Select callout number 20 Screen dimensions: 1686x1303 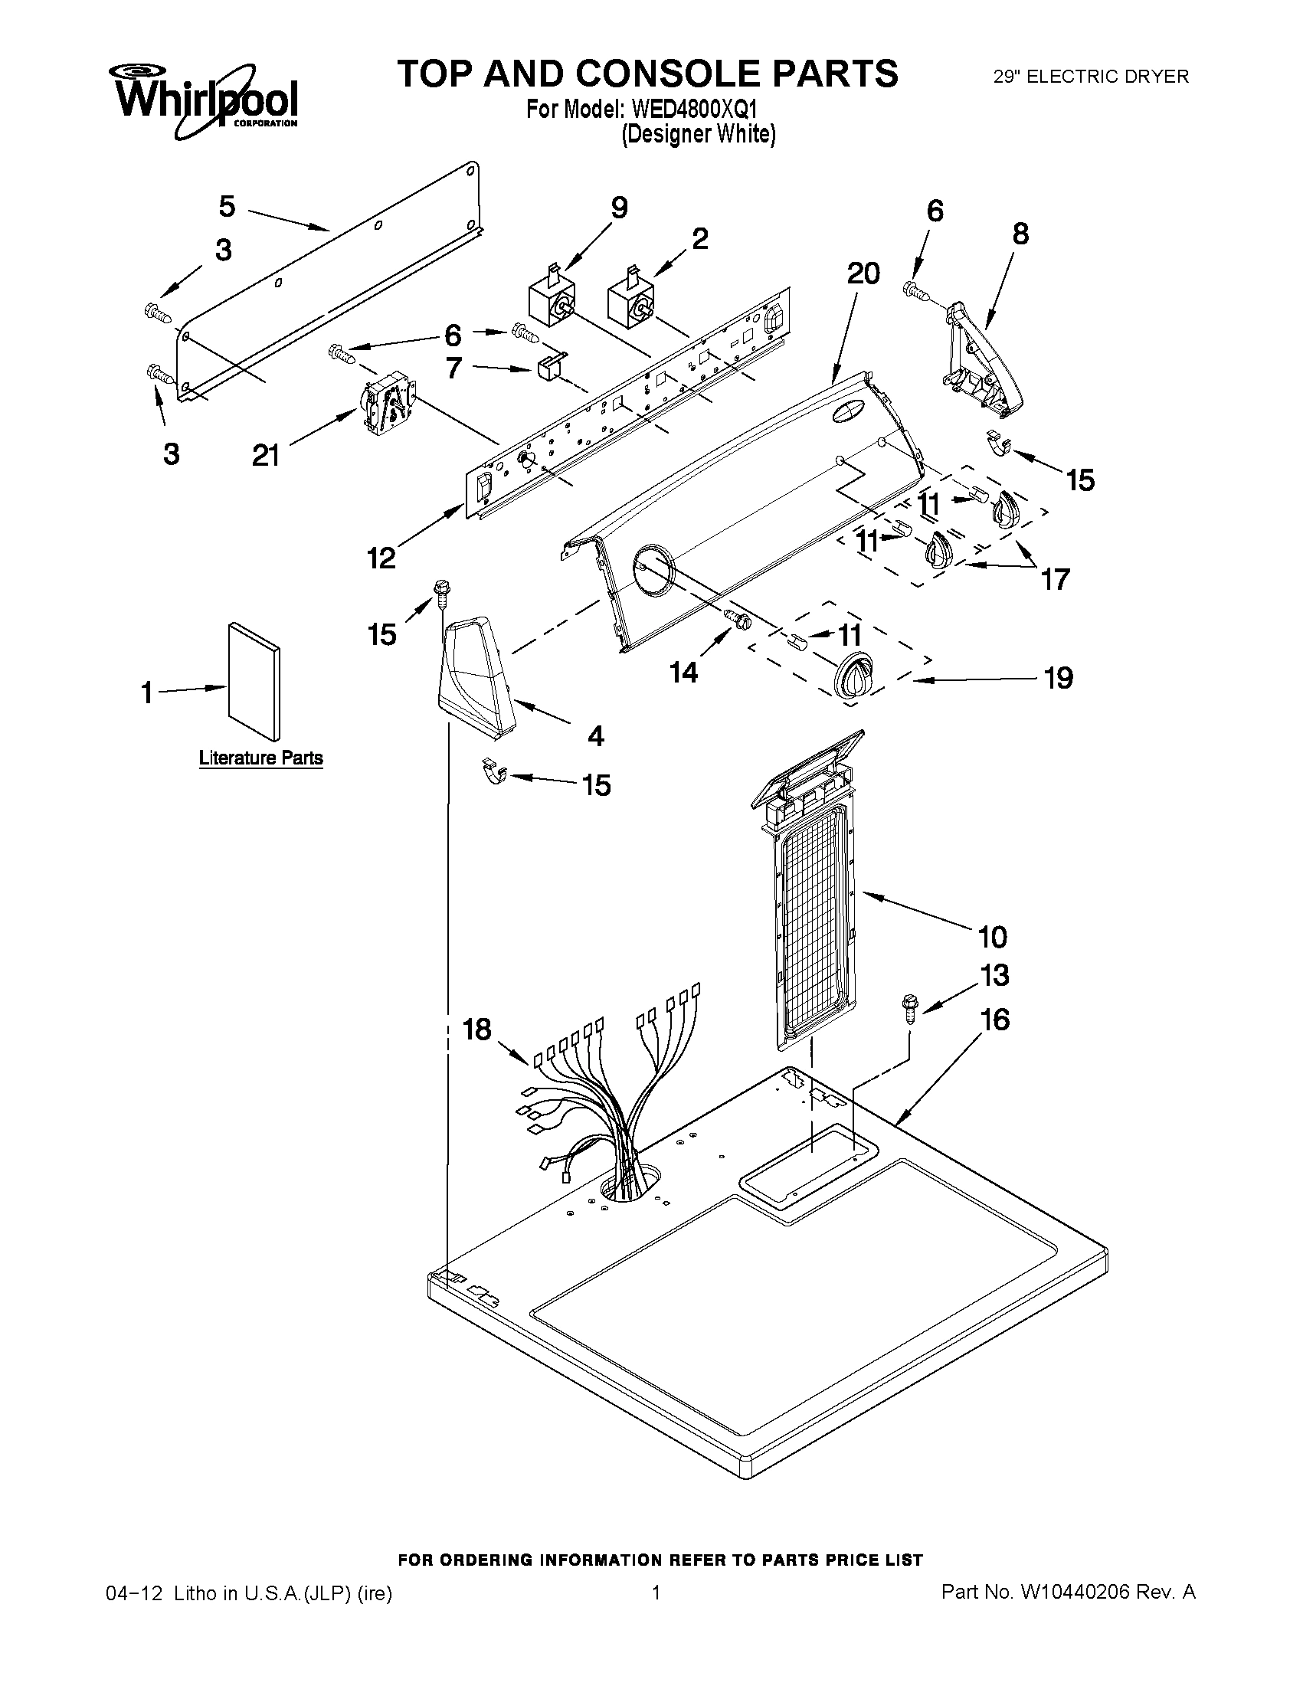coord(863,273)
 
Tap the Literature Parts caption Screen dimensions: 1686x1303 coord(261,758)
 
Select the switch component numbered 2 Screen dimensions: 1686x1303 coord(632,301)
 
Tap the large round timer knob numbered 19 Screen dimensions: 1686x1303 coord(850,677)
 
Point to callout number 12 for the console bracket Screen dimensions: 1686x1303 coord(381,557)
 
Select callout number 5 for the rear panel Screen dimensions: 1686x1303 coord(227,206)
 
